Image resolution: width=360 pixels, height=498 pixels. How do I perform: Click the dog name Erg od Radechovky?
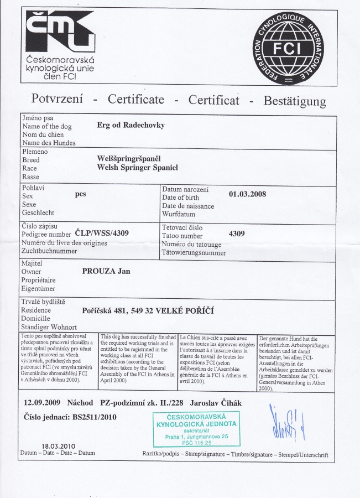131,125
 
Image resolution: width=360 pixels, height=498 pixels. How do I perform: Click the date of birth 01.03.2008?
247,194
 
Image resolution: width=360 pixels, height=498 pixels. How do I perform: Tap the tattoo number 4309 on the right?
237,234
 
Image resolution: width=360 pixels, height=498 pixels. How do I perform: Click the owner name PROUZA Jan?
106,271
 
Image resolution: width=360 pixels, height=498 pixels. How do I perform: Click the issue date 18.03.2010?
59,446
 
